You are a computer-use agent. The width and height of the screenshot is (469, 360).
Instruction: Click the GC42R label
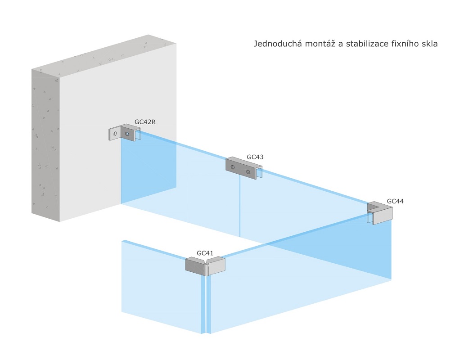coord(145,122)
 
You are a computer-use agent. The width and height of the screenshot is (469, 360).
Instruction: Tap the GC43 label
coord(255,157)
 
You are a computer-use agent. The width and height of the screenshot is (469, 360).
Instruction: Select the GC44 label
coord(395,201)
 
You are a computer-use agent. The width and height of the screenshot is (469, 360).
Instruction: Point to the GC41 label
coord(205,253)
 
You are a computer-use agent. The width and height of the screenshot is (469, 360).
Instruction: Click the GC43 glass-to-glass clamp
coord(244,168)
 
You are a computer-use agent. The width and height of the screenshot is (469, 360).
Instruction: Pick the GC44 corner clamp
coord(380,212)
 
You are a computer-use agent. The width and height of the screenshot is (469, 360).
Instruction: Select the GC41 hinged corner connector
coord(205,266)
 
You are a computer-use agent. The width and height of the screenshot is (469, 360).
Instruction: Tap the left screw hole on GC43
coord(233,167)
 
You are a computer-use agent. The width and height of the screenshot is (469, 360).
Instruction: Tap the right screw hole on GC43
coord(248,171)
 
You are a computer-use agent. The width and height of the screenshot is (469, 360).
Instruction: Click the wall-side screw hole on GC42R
coord(115,134)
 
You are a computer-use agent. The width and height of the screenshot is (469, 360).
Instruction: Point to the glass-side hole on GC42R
coord(127,134)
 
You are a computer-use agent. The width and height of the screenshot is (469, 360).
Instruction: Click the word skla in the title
coord(429,44)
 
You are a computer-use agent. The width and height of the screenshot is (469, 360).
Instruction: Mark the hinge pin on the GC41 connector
coord(206,269)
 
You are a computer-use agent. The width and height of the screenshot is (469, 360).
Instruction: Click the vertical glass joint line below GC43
coord(240,206)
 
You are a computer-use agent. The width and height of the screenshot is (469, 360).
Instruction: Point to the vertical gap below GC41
coord(206,304)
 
